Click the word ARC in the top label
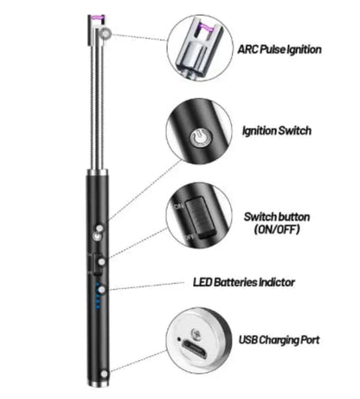[247, 49]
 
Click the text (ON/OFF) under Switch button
[277, 229]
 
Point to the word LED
[202, 282]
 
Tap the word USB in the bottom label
[248, 340]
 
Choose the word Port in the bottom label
[310, 340]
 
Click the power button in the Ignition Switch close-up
[200, 138]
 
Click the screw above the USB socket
[196, 334]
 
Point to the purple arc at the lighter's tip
[97, 18]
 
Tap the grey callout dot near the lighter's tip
[106, 34]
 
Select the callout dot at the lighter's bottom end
[104, 374]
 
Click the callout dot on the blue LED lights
[101, 289]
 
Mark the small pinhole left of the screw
[179, 339]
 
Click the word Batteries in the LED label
[235, 282]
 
